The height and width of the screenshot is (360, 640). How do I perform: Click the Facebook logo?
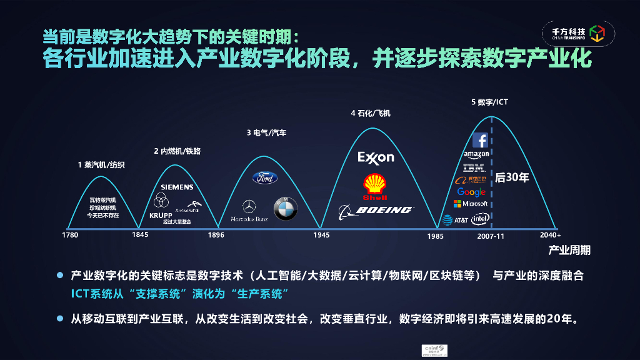pyautogui.click(x=479, y=140)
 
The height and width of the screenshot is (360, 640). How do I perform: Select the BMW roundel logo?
pyautogui.click(x=286, y=209)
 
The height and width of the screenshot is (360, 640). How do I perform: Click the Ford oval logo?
pyautogui.click(x=265, y=178)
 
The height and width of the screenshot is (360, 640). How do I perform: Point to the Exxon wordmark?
pyautogui.click(x=376, y=157)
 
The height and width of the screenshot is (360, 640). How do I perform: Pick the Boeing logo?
pyautogui.click(x=375, y=211)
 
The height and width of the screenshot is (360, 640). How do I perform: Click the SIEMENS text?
pyautogui.click(x=177, y=187)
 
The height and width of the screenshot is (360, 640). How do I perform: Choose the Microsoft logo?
pyautogui.click(x=471, y=204)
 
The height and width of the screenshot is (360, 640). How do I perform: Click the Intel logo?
pyautogui.click(x=480, y=219)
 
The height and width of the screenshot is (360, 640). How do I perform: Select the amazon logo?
pyautogui.click(x=476, y=154)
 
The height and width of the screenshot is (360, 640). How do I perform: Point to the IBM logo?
pyautogui.click(x=474, y=167)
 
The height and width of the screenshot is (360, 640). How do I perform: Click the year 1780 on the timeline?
pyautogui.click(x=70, y=236)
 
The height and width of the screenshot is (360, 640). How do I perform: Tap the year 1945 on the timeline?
pyautogui.click(x=321, y=236)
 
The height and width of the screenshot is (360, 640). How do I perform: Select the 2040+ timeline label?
pyautogui.click(x=550, y=236)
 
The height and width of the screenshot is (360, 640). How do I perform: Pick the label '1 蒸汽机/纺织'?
pyautogui.click(x=101, y=165)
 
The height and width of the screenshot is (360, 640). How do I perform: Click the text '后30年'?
pyautogui.click(x=512, y=177)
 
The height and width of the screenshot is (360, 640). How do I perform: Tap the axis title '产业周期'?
pyautogui.click(x=569, y=251)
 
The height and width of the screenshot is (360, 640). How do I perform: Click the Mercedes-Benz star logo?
pyautogui.click(x=249, y=206)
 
